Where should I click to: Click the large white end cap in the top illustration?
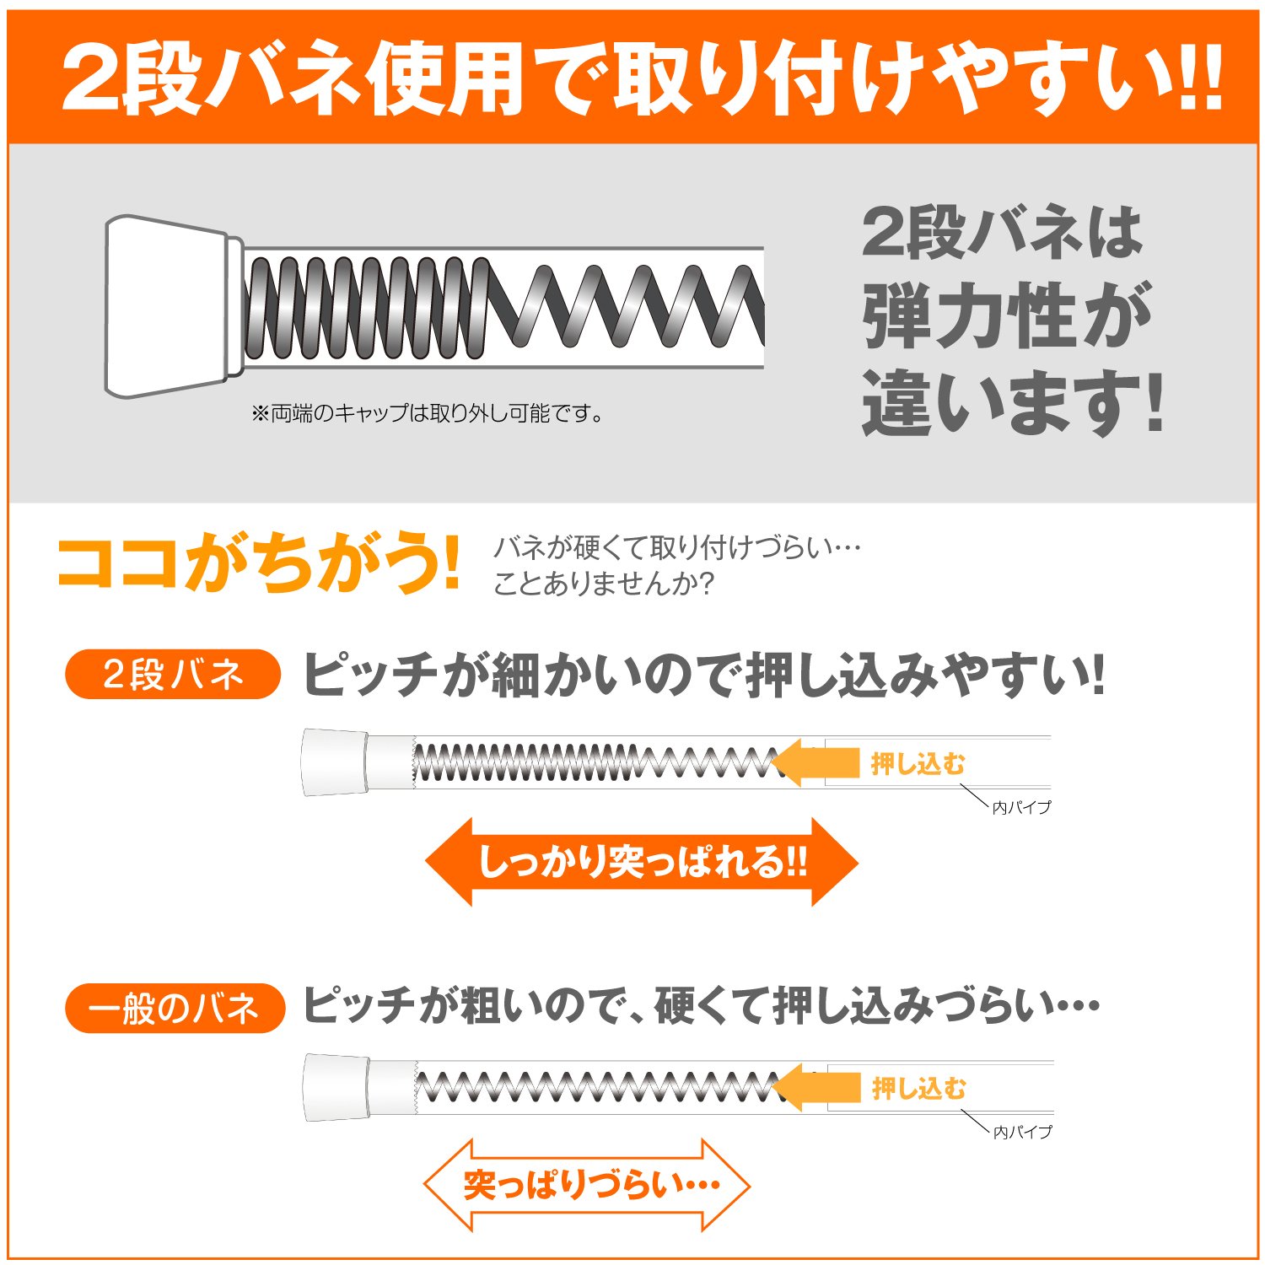tap(169, 306)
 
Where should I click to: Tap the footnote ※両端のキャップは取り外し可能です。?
tap(428, 413)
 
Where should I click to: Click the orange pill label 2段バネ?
tap(173, 675)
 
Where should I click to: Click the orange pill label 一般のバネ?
tap(175, 1008)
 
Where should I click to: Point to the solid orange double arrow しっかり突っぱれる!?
tap(642, 862)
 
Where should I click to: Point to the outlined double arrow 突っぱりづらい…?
tap(587, 1185)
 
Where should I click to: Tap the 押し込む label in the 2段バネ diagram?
tap(918, 764)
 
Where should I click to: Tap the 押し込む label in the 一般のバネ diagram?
tap(919, 1088)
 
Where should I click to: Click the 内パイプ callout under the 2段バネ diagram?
tap(1021, 807)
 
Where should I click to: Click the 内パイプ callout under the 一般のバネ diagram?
tap(1022, 1132)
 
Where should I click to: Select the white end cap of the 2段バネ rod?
tap(335, 762)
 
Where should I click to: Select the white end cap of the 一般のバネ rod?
tap(336, 1087)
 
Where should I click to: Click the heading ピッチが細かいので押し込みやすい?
tap(703, 675)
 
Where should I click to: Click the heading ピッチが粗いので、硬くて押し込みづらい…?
tap(701, 1006)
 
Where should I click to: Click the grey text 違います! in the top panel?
tap(1013, 403)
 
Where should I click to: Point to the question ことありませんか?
tap(604, 583)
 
